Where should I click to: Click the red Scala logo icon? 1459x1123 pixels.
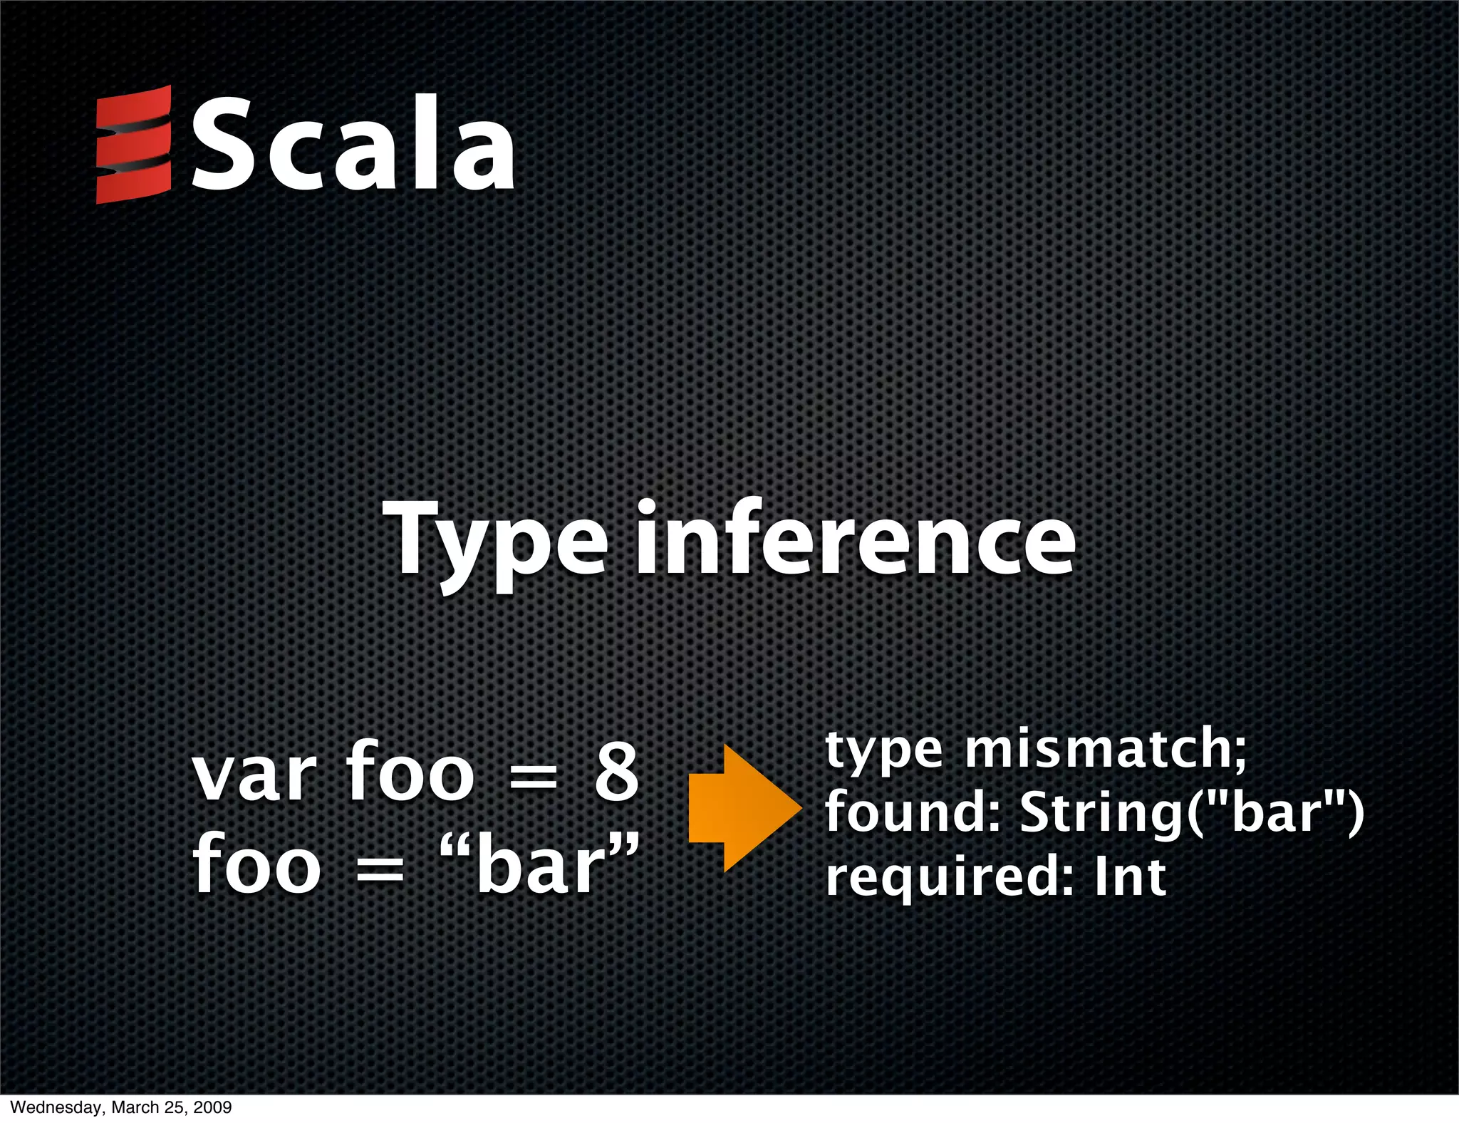point(134,145)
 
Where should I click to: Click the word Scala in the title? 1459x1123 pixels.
point(353,145)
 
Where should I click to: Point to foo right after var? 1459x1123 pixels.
point(410,771)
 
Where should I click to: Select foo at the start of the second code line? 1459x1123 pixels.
point(256,864)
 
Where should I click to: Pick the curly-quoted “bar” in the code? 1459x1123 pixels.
point(540,864)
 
